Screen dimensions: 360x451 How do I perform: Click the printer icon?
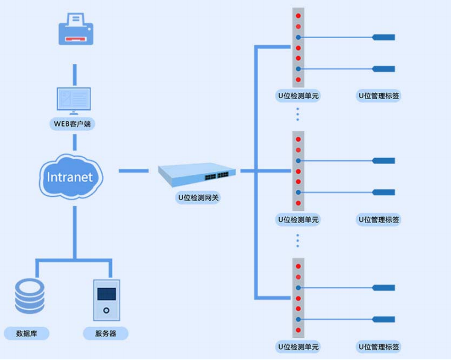tap(75, 31)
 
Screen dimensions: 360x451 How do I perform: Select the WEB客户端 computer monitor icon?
tap(74, 99)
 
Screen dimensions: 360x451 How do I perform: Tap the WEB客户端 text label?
tap(74, 124)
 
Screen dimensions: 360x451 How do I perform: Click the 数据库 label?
tap(27, 333)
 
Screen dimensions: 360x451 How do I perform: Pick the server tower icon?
tap(106, 300)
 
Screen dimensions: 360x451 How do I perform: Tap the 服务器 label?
tap(106, 333)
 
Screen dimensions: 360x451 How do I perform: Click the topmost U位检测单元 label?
tap(298, 95)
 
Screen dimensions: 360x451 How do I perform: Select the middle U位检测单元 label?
tap(298, 219)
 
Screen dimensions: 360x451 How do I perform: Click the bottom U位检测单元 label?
tap(298, 347)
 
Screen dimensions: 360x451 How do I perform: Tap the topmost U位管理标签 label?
tap(379, 95)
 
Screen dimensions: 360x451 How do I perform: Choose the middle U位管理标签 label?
tap(379, 219)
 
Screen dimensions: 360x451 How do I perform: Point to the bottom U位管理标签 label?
tap(379, 347)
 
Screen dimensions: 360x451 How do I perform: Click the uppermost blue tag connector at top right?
tap(383, 37)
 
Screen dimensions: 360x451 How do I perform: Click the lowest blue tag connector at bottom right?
tap(383, 319)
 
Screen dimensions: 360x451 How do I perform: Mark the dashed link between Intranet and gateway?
tap(133, 171)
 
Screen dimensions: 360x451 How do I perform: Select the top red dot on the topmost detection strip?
tap(298, 16)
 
